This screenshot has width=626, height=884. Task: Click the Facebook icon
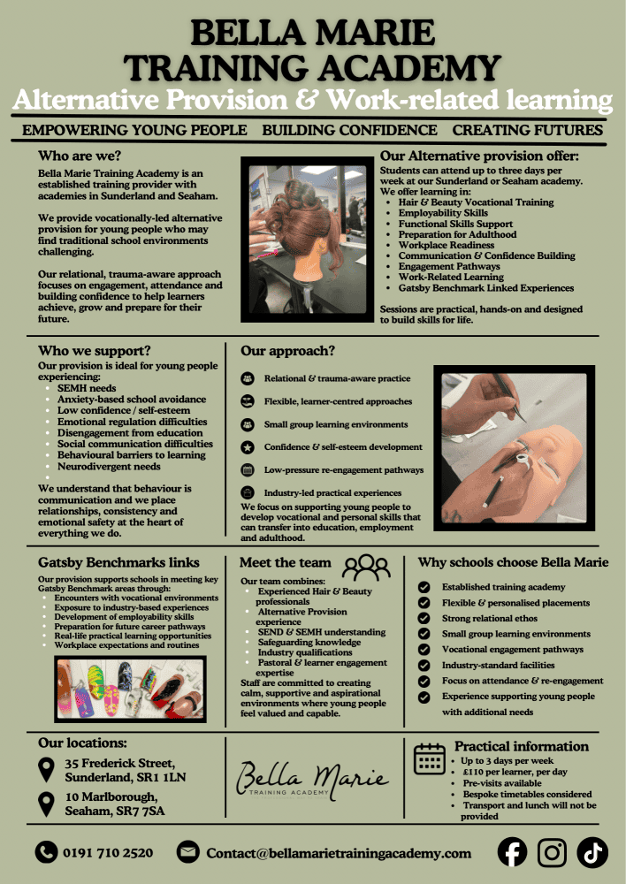point(512,852)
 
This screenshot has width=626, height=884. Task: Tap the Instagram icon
point(552,852)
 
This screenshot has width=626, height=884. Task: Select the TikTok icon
point(592,852)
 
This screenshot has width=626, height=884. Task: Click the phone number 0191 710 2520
point(108,853)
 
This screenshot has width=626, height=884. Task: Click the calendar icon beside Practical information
point(430,758)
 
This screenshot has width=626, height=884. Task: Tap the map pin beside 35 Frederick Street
point(46,770)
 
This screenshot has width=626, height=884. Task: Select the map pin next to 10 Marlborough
point(46,804)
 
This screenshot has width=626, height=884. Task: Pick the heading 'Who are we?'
point(80,156)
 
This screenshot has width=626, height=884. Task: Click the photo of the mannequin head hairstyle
point(308,240)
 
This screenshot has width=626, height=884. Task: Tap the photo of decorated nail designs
point(130,689)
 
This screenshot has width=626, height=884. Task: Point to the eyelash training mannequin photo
point(515,448)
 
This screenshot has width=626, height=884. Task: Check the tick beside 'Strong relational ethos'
point(424,619)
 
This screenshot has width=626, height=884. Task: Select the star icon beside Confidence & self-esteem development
point(247,447)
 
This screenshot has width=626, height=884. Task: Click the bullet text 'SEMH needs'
point(87,388)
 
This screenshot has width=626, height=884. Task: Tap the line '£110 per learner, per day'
point(515,772)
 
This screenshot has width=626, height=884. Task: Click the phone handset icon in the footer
point(46,852)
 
